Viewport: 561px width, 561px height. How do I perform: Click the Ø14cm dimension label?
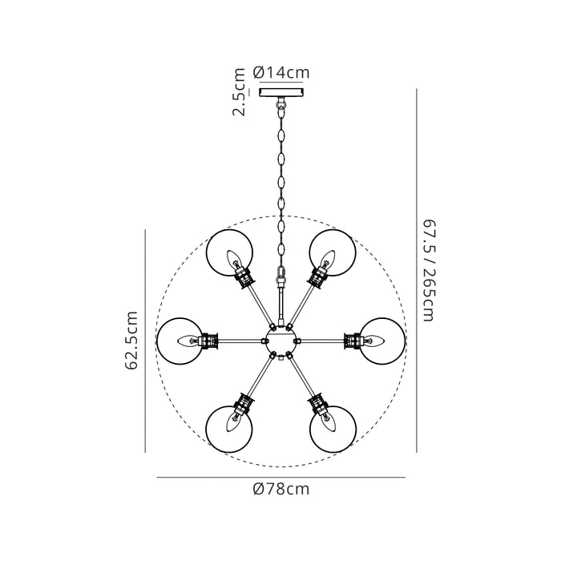[280, 73]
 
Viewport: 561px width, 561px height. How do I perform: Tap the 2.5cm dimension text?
[239, 93]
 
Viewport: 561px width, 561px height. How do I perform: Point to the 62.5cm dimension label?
[132, 341]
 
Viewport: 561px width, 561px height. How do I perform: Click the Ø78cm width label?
[280, 489]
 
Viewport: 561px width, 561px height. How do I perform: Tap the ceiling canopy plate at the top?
[280, 92]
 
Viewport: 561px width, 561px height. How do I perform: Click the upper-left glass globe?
[229, 253]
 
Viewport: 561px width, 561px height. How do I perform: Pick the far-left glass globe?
[180, 341]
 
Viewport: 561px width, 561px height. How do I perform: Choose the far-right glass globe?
[382, 341]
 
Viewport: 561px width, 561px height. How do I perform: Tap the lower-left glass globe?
[229, 429]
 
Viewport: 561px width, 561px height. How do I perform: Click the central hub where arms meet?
[280, 341]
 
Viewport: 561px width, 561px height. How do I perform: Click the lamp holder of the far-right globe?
[352, 341]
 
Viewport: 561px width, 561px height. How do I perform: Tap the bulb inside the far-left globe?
[189, 341]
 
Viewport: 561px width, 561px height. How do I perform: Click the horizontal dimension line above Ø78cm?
[280, 477]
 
